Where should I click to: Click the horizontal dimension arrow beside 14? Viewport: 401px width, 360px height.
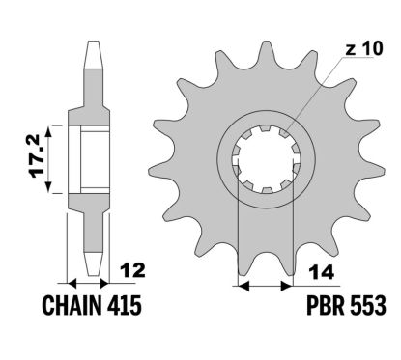[x=264, y=285]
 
